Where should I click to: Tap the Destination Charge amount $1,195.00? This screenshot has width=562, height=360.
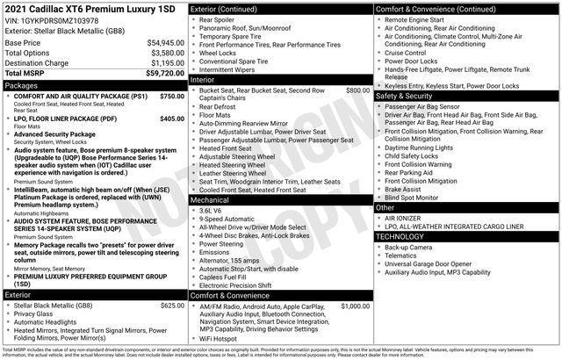click(160, 63)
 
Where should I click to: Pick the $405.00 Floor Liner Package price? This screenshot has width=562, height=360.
click(172, 118)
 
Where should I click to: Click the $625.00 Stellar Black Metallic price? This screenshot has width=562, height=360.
click(172, 305)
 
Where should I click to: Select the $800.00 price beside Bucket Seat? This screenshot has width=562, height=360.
click(357, 90)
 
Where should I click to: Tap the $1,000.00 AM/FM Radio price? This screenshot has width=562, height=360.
click(356, 306)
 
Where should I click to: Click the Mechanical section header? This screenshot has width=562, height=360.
click(211, 199)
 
